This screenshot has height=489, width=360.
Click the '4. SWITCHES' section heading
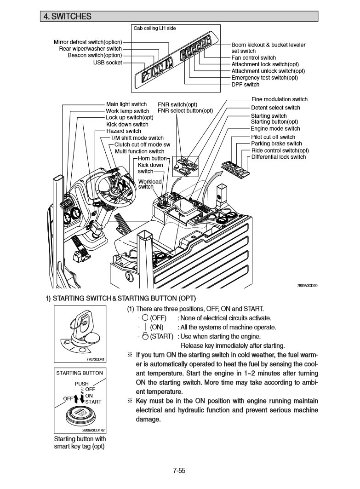(x=67, y=17)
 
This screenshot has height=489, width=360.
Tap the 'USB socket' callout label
(x=108, y=63)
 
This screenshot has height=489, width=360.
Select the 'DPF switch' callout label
(x=245, y=85)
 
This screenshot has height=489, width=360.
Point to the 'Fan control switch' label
(x=253, y=58)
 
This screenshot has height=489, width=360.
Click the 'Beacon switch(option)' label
(x=95, y=56)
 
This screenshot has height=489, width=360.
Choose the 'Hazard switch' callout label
(x=124, y=131)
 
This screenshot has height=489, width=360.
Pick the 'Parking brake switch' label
(x=276, y=144)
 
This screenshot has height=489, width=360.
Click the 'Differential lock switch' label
(x=278, y=157)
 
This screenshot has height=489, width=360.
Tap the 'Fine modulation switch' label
(x=279, y=99)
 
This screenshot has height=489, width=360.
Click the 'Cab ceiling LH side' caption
(x=154, y=29)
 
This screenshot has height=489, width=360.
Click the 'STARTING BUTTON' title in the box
(x=80, y=373)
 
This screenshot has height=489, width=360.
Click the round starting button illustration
(x=80, y=414)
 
